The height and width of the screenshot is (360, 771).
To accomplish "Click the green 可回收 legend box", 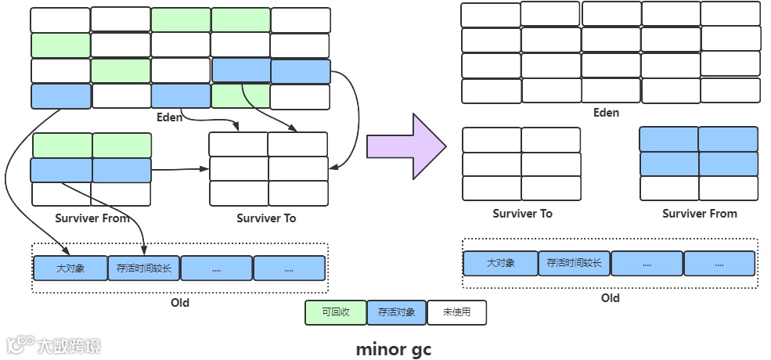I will (335, 312).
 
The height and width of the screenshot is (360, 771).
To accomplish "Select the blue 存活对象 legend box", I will (396, 312).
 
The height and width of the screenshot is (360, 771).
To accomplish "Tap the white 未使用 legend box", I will (456, 312).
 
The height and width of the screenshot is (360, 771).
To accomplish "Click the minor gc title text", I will (393, 348).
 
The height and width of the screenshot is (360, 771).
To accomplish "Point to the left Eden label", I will (169, 117).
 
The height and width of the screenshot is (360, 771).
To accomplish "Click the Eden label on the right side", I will (606, 113).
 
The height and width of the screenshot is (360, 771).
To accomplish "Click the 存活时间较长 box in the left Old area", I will (144, 268).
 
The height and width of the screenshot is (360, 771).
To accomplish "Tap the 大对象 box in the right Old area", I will (500, 263).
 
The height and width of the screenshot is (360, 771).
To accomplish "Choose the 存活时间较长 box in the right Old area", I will (574, 263).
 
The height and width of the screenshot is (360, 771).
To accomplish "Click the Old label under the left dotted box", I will (179, 302).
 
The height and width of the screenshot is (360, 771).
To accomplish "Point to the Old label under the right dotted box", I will (611, 298).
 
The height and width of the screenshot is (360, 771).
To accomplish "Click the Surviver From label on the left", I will (92, 218).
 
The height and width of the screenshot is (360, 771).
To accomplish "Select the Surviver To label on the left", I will (266, 218).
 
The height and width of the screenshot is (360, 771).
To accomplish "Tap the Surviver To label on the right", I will (522, 214).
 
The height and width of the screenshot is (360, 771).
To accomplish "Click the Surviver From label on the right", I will (699, 214).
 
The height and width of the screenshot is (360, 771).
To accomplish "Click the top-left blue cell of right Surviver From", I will (669, 139).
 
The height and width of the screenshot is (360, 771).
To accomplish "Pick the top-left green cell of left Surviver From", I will (62, 146).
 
